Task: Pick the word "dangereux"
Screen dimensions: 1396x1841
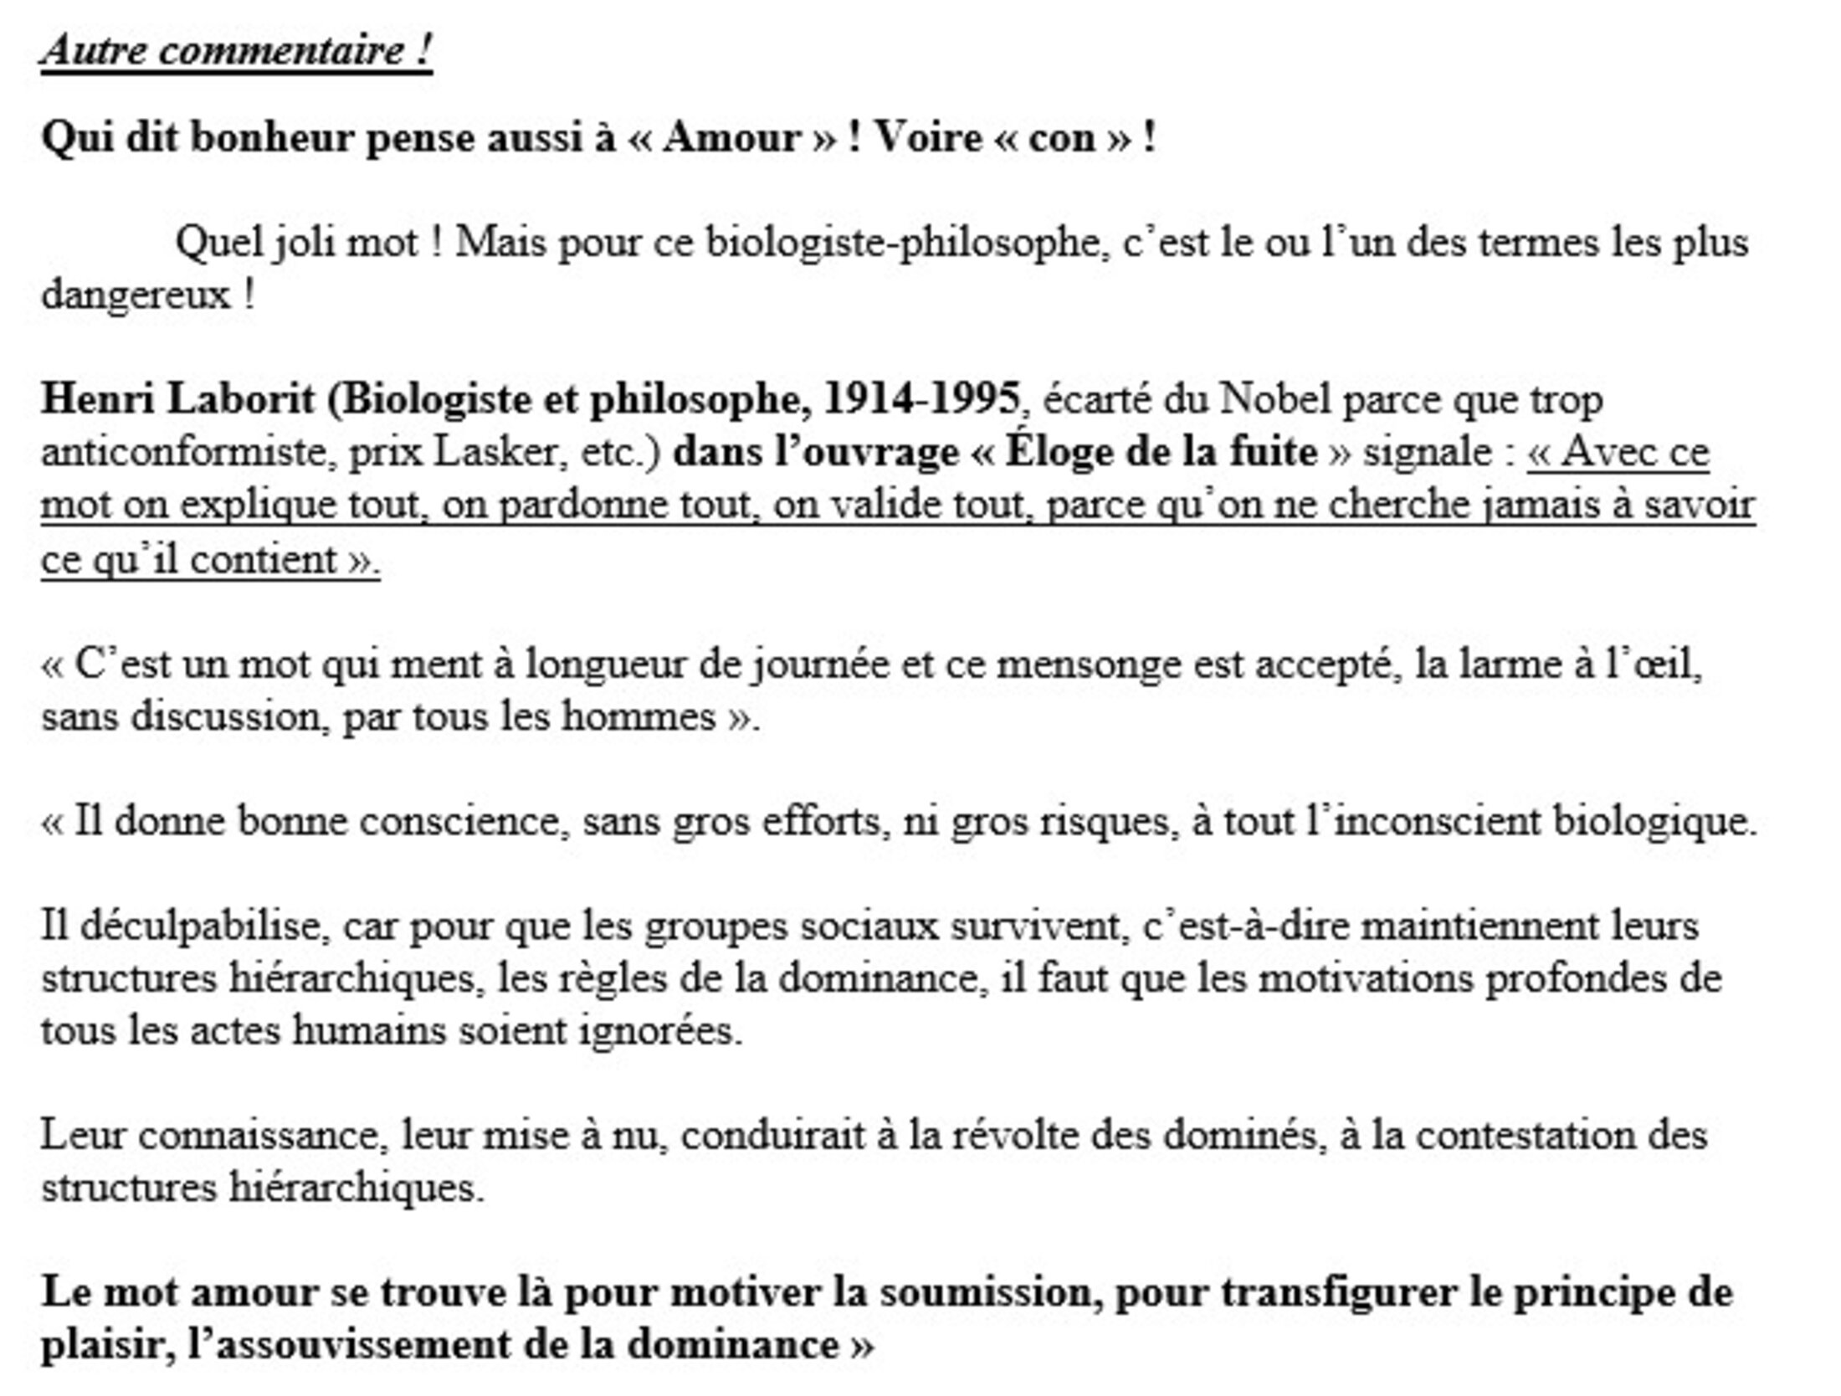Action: point(135,295)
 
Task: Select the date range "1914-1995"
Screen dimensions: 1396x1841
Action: point(921,399)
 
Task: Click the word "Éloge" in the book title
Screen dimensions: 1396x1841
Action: point(1059,453)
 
